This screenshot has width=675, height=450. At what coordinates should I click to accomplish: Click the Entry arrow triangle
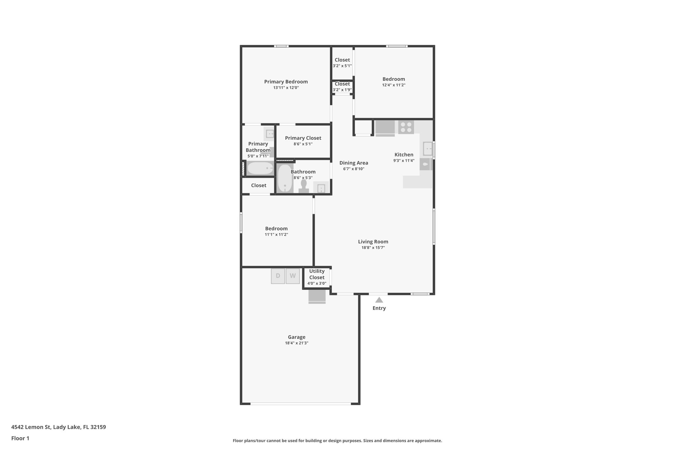(379, 300)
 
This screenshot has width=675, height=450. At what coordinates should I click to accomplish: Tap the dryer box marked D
(278, 276)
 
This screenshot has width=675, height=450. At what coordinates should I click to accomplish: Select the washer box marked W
(293, 276)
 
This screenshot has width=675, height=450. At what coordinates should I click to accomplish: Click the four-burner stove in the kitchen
(406, 127)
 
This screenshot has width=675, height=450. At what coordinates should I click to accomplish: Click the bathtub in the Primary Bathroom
(260, 168)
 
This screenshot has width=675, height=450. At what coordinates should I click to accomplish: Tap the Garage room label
(297, 337)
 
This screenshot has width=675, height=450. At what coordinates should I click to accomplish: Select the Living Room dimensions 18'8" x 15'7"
(373, 248)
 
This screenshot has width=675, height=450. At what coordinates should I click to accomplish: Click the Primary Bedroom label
(286, 82)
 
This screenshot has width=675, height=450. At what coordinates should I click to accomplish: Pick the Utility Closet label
(317, 274)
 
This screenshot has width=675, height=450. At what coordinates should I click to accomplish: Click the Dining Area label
(354, 163)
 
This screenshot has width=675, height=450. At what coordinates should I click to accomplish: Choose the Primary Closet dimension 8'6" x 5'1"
(303, 144)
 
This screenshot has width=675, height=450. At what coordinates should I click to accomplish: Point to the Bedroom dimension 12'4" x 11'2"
(394, 85)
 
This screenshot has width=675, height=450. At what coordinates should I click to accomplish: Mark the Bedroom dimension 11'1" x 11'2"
(276, 235)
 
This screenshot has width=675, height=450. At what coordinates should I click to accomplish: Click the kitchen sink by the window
(427, 149)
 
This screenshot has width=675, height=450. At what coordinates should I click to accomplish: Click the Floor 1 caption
(20, 438)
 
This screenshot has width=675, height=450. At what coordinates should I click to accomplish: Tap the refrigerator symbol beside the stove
(385, 128)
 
